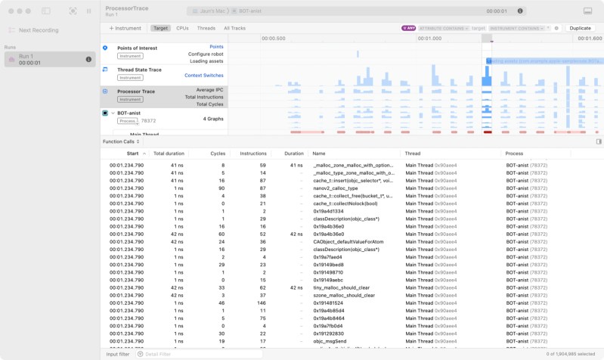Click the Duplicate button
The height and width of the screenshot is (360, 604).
(x=580, y=28)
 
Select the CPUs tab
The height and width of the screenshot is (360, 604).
(x=182, y=28)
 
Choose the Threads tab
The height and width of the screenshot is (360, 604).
(x=206, y=28)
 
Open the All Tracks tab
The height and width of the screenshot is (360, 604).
(x=234, y=28)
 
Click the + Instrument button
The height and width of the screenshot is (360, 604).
(x=125, y=28)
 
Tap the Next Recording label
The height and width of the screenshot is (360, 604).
(x=39, y=30)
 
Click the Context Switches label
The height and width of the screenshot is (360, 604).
(x=203, y=76)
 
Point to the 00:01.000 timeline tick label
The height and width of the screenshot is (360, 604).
(x=429, y=39)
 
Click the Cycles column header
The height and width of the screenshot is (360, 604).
(x=218, y=153)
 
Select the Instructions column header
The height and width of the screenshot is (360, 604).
(x=252, y=153)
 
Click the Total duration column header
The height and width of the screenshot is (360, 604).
(x=169, y=153)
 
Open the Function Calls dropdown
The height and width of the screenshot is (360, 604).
(x=121, y=141)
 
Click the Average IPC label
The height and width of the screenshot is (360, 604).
(x=209, y=89)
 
